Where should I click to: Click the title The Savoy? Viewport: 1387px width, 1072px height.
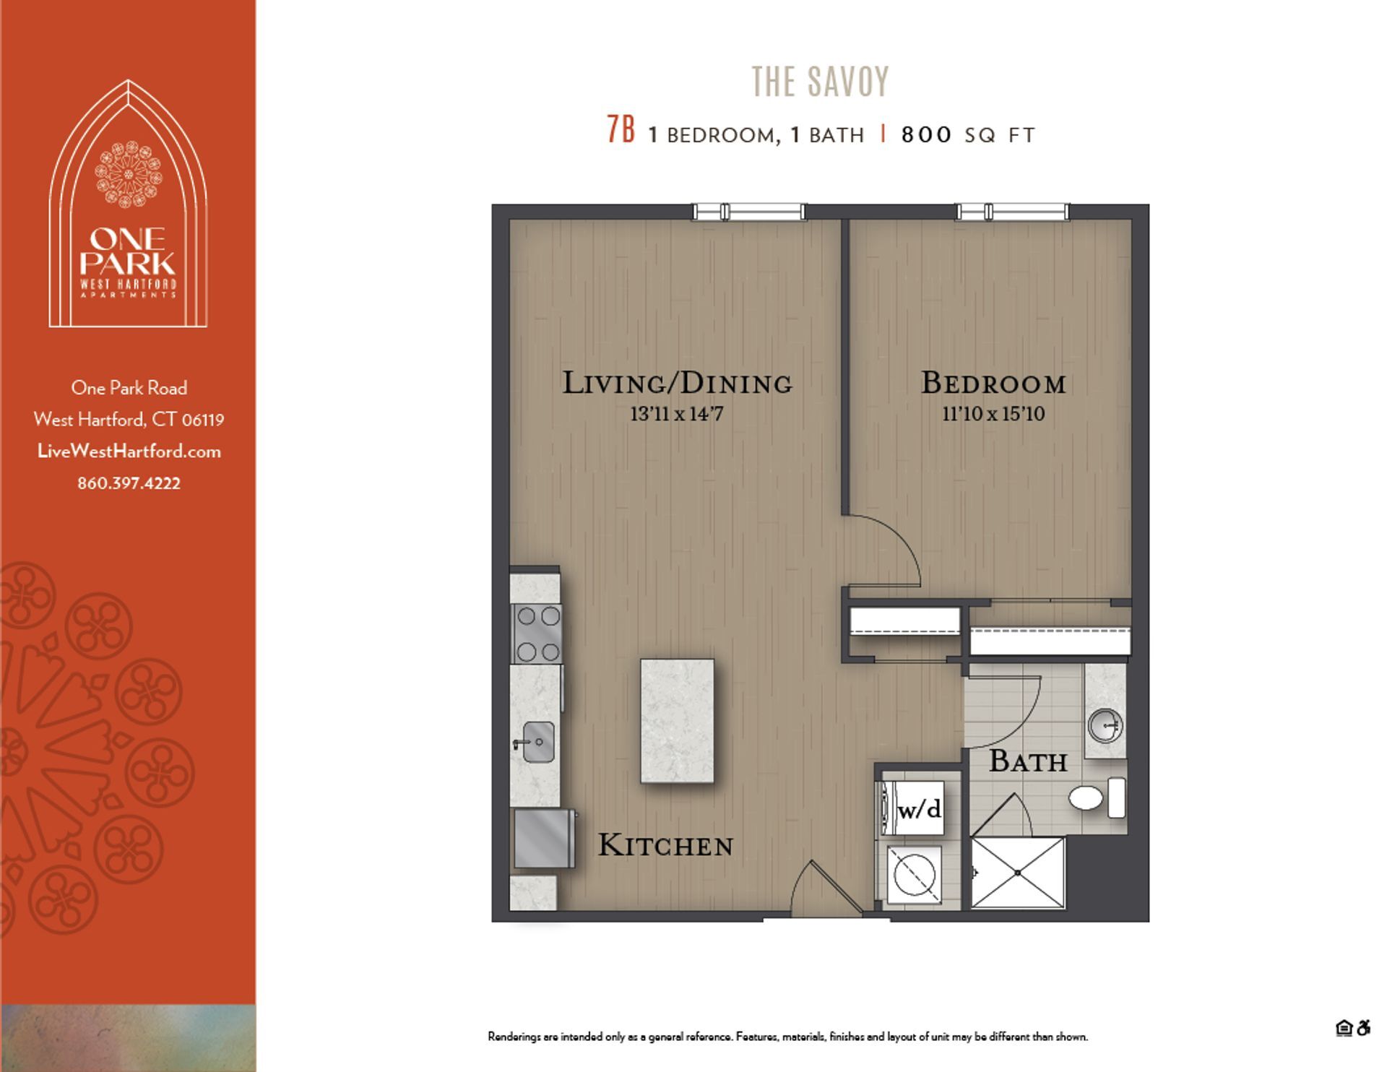click(x=820, y=82)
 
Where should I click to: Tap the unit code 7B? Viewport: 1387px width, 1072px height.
click(x=621, y=131)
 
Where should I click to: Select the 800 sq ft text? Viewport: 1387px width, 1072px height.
click(x=968, y=135)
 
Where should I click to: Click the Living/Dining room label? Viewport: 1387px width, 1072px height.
click(x=677, y=383)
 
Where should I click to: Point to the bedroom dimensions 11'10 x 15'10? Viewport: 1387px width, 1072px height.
click(x=993, y=414)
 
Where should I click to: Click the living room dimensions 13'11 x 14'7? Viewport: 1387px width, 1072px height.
click(x=677, y=414)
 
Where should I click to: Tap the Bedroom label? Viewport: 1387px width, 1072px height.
click(x=993, y=383)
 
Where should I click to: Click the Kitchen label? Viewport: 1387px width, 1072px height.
click(x=665, y=845)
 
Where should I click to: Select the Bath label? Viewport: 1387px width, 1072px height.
click(x=1027, y=761)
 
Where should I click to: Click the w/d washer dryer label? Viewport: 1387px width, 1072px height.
click(x=919, y=809)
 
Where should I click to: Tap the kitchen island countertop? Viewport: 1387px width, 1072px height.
click(x=677, y=720)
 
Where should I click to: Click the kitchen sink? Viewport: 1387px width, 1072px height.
click(x=537, y=742)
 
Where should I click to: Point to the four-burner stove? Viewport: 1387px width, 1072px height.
click(x=537, y=634)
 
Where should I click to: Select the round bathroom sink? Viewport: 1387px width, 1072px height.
click(x=1105, y=725)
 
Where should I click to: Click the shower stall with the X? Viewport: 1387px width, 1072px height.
click(x=1017, y=873)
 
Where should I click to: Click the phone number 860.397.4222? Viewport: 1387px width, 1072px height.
click(x=129, y=483)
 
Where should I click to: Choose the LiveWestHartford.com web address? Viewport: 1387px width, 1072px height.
click(x=129, y=451)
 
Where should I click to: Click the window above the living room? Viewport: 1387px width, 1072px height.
click(x=749, y=212)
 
